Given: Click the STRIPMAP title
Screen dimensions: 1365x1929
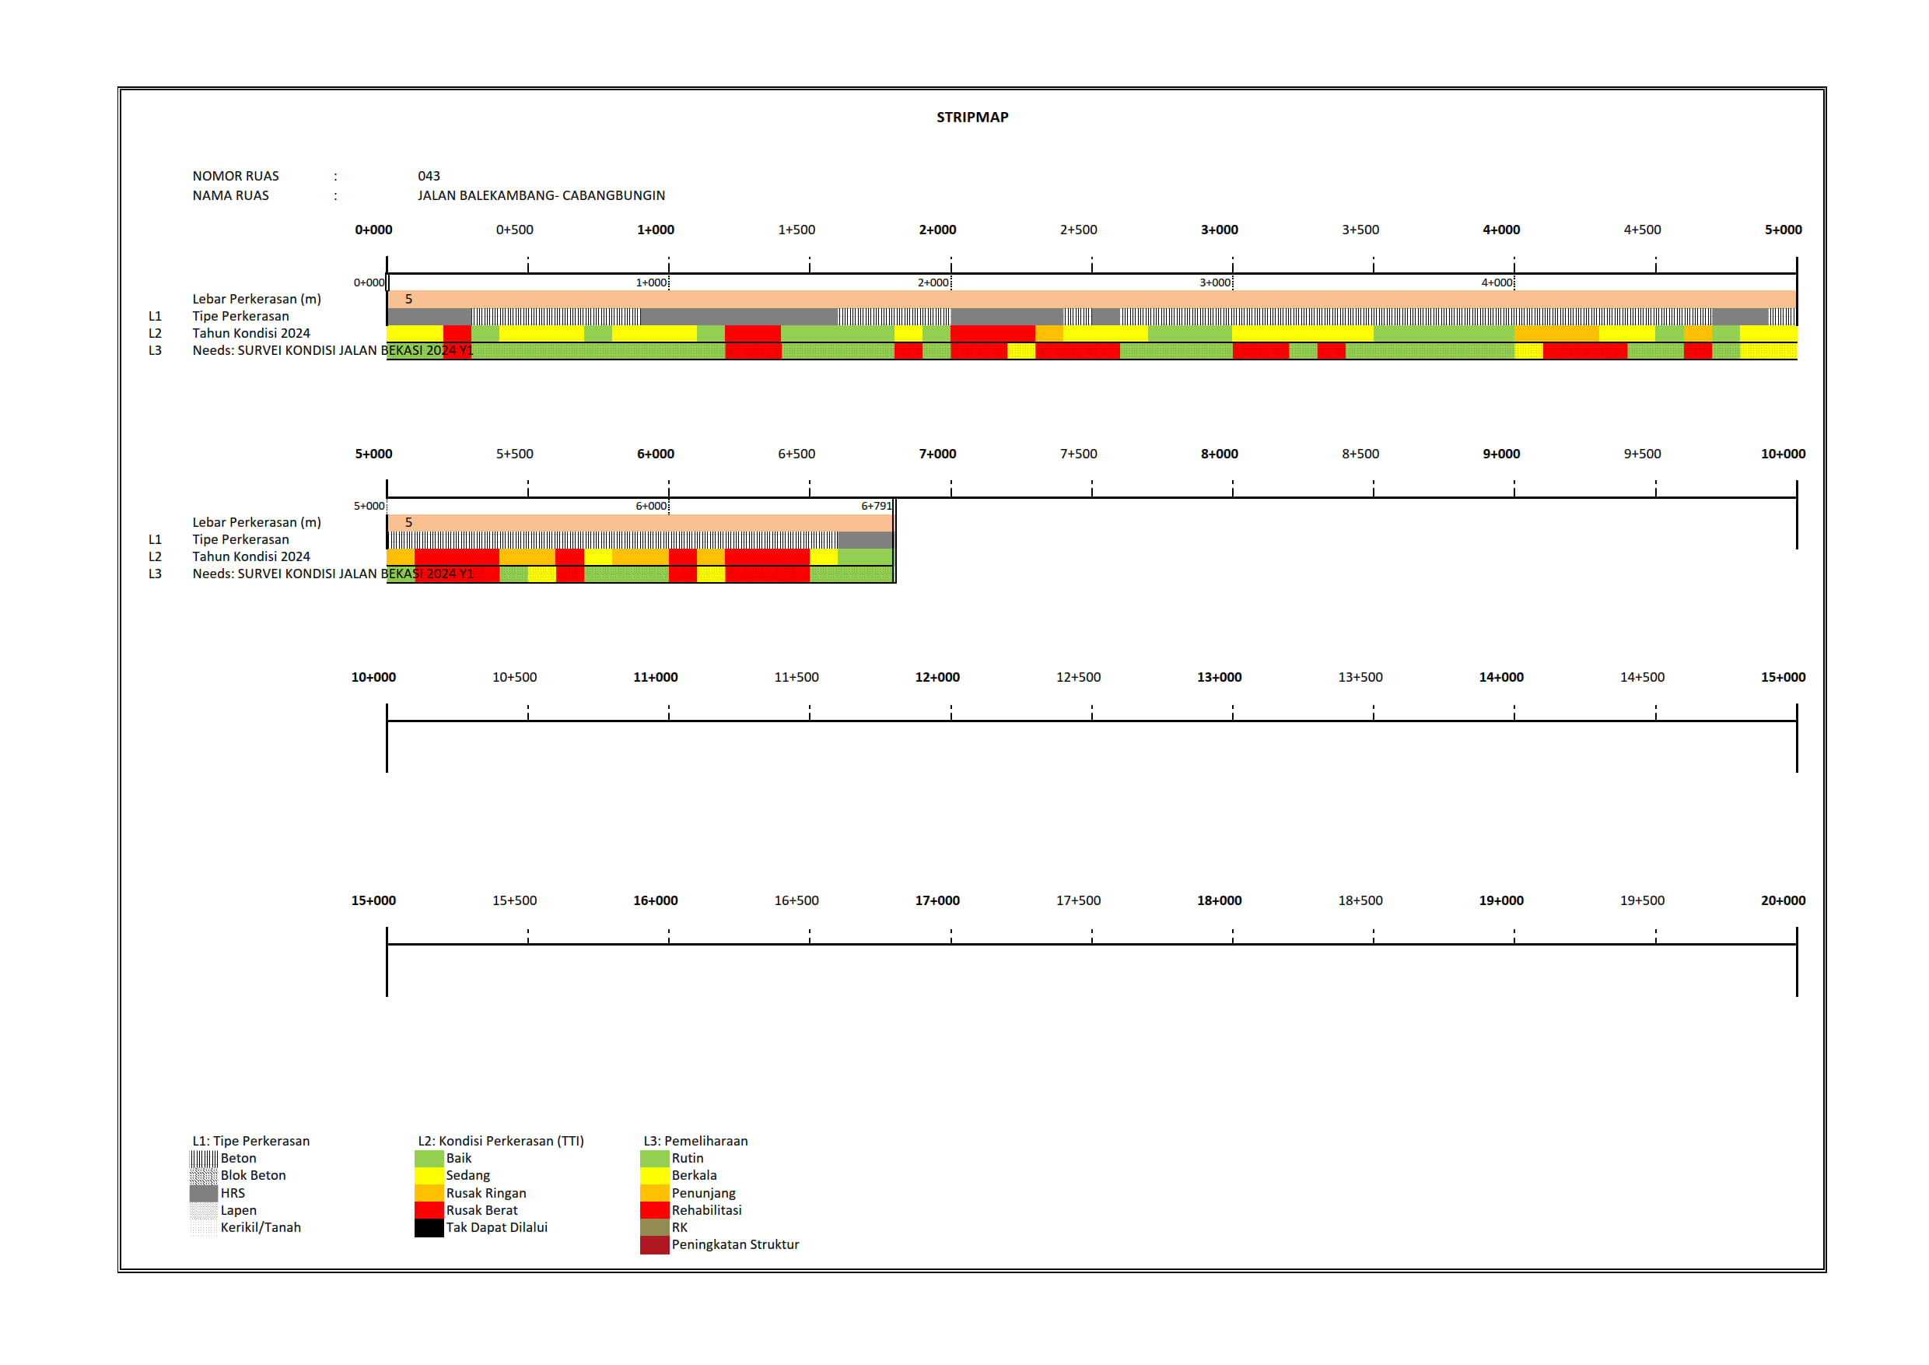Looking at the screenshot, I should point(972,118).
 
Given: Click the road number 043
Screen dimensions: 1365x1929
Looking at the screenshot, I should point(429,176).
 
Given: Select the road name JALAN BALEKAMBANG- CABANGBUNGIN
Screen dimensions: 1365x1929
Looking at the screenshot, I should point(541,195).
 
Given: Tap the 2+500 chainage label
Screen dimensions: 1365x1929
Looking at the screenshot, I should point(1078,230).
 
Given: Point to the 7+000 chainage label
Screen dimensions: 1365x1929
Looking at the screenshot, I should point(936,454).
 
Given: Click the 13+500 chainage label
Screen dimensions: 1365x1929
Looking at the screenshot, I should point(1360,678).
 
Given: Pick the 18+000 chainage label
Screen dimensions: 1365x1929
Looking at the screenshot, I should point(1219,901).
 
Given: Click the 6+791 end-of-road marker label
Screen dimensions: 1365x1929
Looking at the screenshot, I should point(876,506).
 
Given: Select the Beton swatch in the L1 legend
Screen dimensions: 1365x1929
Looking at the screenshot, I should point(204,1159).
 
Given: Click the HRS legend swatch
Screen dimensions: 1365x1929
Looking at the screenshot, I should point(204,1194).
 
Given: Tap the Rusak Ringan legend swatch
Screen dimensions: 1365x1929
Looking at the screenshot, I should point(429,1194).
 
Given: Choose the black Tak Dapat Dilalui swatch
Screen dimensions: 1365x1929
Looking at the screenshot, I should point(429,1228).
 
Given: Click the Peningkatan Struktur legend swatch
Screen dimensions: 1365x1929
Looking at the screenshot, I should point(654,1246).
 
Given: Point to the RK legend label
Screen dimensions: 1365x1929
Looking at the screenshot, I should point(680,1228).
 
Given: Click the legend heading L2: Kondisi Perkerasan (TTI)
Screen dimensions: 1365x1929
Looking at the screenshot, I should point(501,1142).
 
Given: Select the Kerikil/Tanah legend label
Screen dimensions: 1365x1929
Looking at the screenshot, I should point(261,1228).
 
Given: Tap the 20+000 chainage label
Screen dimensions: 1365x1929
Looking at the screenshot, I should point(1783,901).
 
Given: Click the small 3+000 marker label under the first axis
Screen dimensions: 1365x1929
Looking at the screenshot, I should point(1215,283).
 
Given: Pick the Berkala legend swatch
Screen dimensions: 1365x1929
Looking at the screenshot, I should point(654,1176).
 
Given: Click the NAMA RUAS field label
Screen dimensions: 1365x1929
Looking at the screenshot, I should point(230,195).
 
